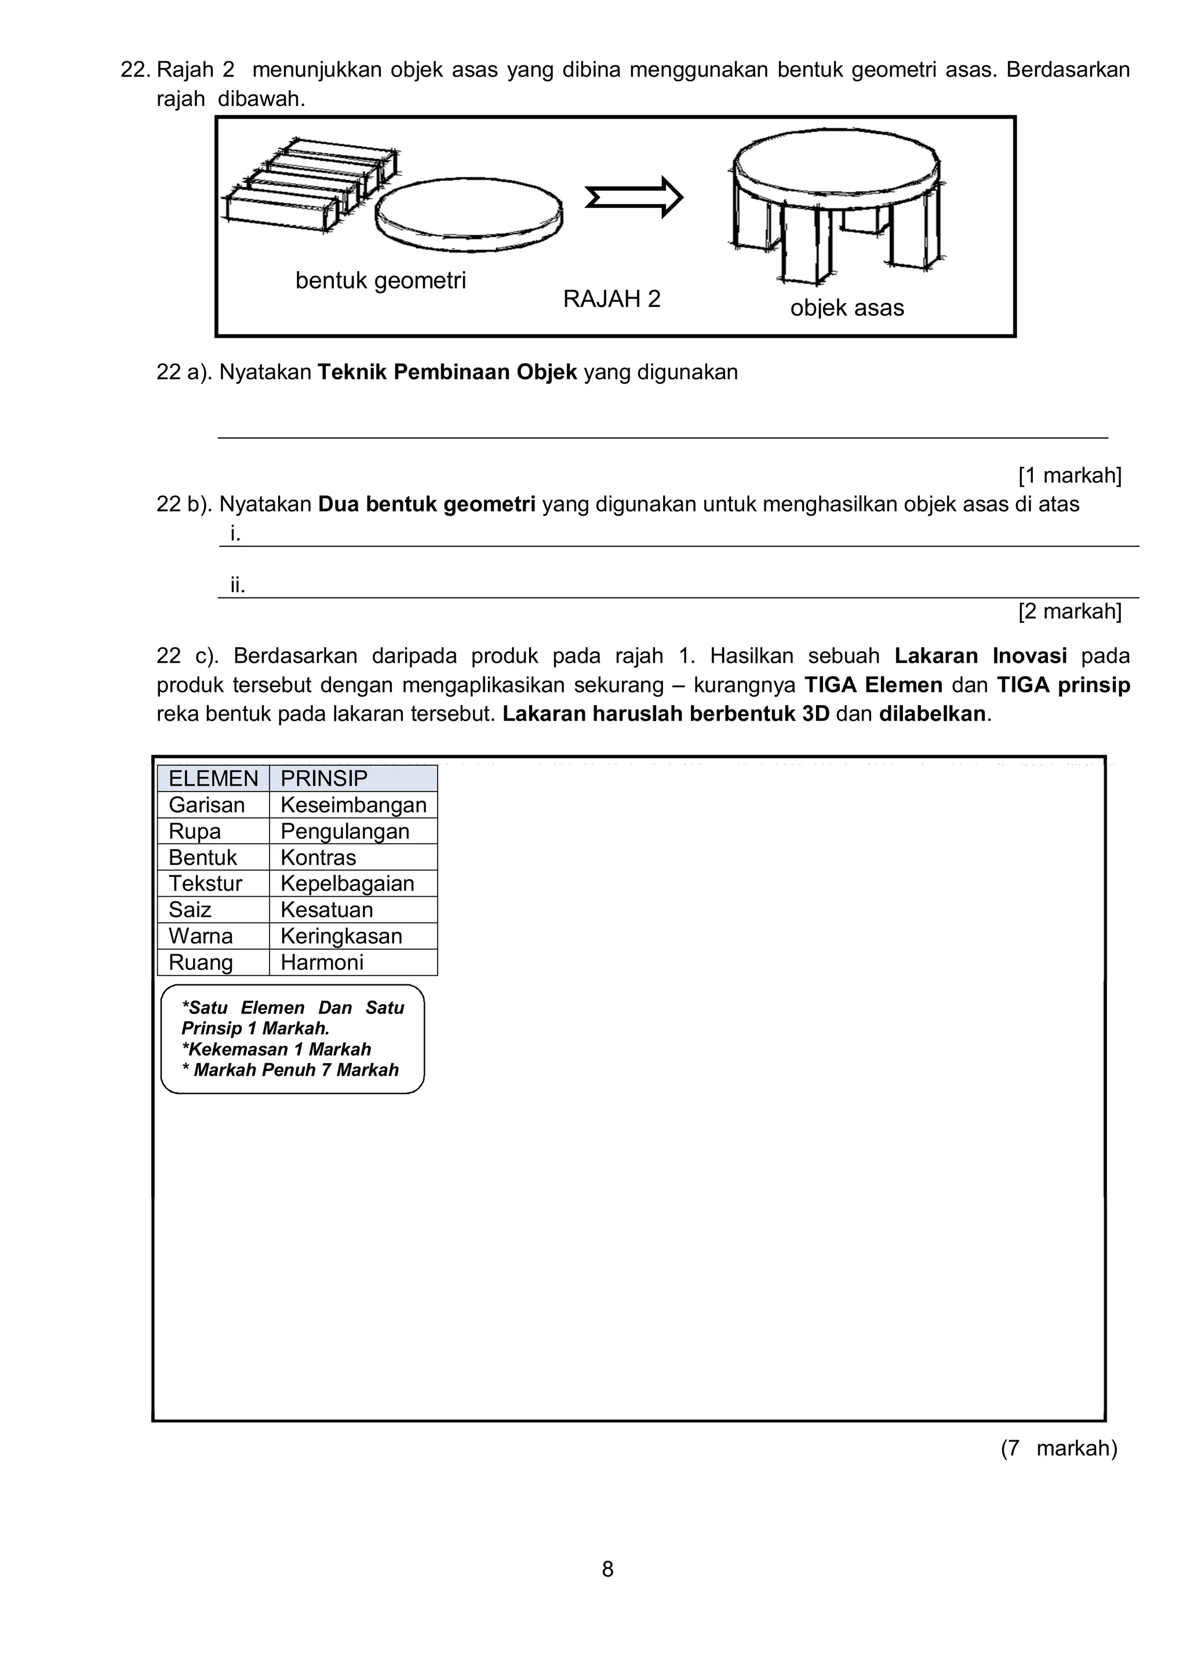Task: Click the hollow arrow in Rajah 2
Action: pos(633,198)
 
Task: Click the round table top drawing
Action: pos(837,164)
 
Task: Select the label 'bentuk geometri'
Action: pos(380,280)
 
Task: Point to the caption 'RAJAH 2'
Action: pos(611,299)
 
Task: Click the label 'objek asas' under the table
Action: pos(846,308)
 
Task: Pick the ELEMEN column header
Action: pos(213,778)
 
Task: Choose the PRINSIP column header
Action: pos(324,778)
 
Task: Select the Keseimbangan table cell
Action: pos(353,805)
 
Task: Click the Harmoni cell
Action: pos(322,962)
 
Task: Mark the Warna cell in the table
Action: pos(201,936)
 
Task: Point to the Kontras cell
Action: pos(318,857)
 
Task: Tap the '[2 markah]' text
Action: pos(1069,611)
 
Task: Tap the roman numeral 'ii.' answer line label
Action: pos(238,585)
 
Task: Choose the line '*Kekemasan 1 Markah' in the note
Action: pos(276,1049)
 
